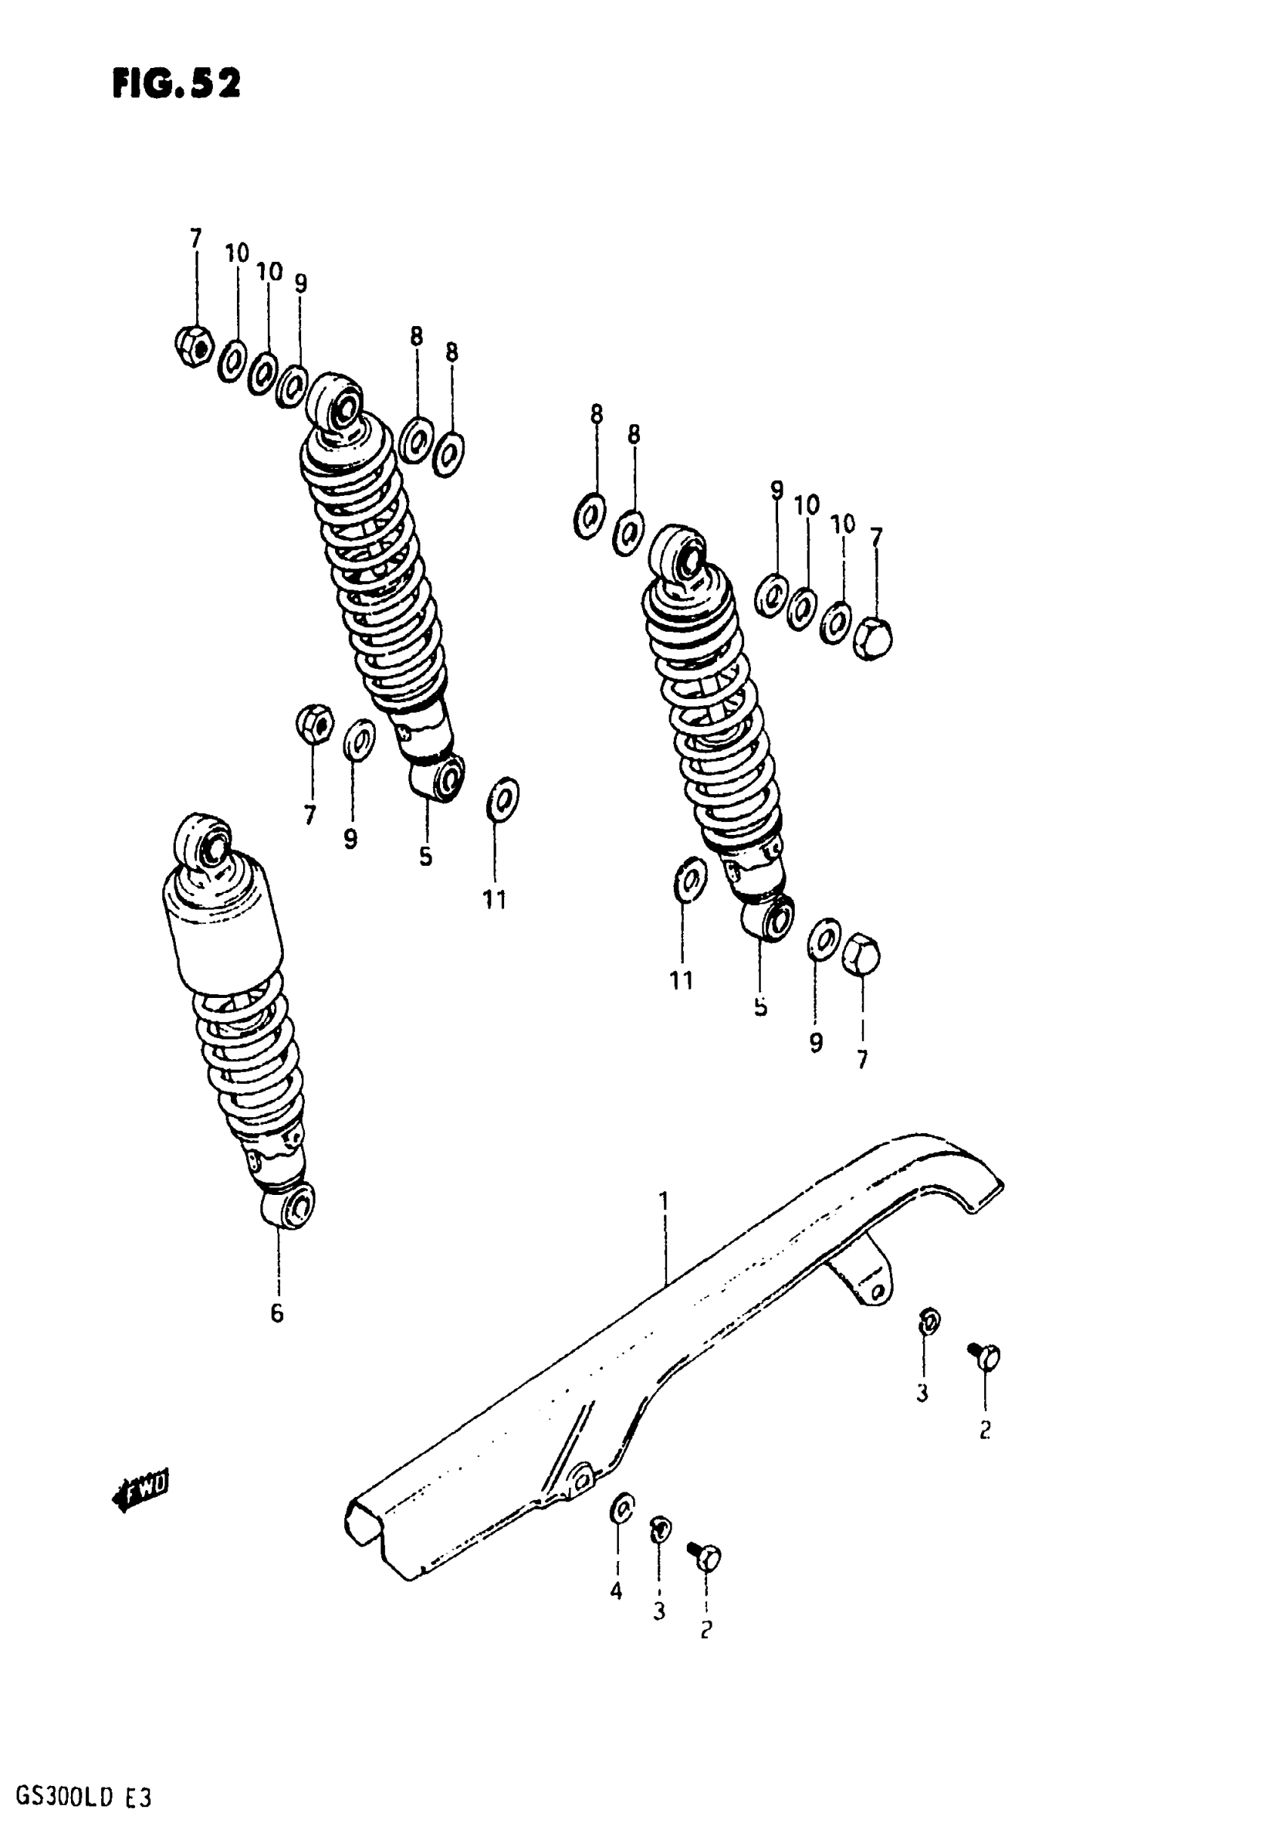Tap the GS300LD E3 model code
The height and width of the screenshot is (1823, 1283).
(77, 1797)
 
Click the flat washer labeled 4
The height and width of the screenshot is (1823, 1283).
(623, 1507)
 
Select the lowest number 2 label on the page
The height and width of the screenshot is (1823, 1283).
(706, 1628)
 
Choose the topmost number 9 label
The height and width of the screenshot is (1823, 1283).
(300, 284)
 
